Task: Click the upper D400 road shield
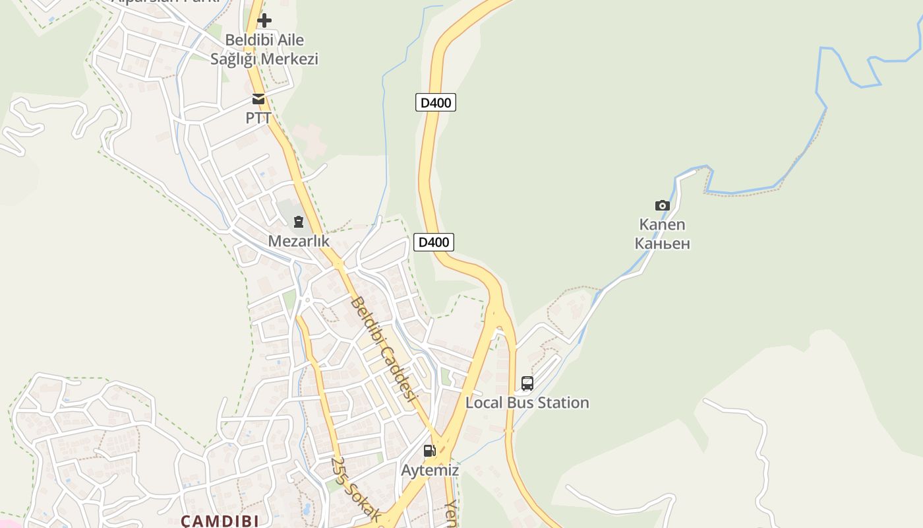coord(436,102)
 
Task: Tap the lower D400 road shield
coord(434,242)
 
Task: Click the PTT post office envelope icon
coord(258,100)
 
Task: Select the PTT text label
coord(258,118)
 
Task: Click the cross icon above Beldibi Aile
coord(264,20)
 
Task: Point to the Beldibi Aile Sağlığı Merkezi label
coord(264,49)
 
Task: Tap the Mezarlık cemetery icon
coord(299,222)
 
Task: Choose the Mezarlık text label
coord(299,241)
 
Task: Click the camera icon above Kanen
coord(663,205)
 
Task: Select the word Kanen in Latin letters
coord(663,224)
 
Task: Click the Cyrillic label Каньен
coord(663,244)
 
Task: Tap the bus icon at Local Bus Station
coord(527,383)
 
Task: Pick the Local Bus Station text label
coord(527,403)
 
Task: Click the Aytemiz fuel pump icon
coord(430,451)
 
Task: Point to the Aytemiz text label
coord(430,471)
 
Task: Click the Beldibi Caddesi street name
coord(385,348)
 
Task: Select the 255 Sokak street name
coord(355,489)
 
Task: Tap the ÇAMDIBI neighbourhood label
coord(220,521)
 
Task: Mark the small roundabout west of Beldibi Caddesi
coord(307,300)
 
